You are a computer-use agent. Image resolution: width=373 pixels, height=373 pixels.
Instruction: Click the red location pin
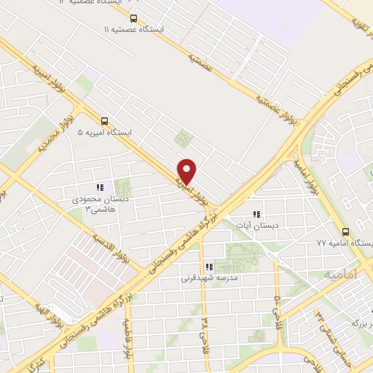click(187, 170)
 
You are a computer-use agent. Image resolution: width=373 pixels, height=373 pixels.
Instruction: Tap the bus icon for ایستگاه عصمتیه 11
click(133, 18)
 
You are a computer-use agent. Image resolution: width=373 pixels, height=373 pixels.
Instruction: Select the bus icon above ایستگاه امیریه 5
click(105, 121)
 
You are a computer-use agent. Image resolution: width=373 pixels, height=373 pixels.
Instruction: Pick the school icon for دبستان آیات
click(256, 214)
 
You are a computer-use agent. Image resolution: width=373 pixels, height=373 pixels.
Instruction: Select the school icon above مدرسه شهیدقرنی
click(209, 267)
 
